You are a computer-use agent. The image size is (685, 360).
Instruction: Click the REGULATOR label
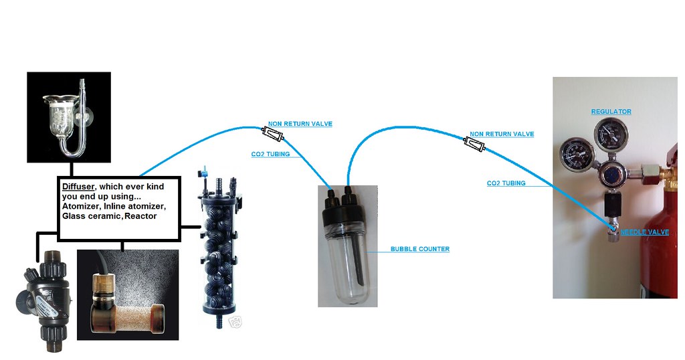point(611,112)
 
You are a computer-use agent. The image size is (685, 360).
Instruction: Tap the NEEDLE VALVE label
point(644,232)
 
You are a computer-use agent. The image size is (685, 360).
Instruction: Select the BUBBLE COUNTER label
point(419,250)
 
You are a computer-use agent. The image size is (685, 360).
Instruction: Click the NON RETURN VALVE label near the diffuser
point(300,124)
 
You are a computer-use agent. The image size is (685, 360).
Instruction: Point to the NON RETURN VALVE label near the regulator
point(502,134)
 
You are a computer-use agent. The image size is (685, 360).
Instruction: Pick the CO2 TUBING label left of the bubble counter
point(270,155)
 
